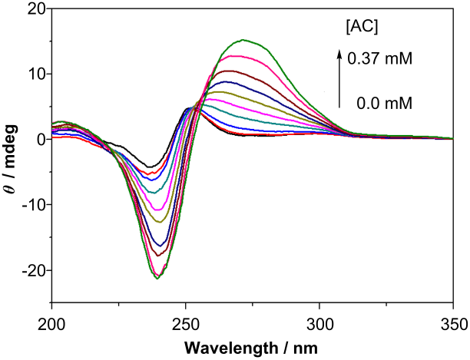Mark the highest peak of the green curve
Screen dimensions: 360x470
tap(243, 40)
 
